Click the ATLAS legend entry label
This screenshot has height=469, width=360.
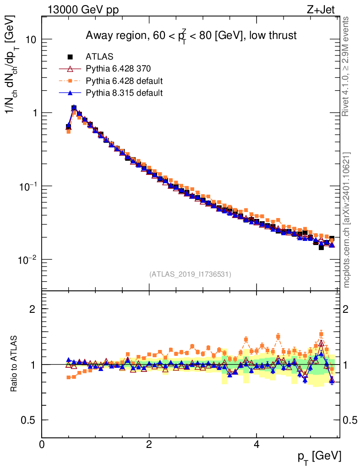point(99,57)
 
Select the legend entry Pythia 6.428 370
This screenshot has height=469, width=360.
point(118,69)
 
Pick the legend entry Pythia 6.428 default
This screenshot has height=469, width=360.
point(124,81)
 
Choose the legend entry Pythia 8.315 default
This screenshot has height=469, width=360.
point(124,93)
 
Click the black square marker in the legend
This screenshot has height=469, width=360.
point(71,57)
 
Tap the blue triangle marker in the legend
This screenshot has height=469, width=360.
point(71,93)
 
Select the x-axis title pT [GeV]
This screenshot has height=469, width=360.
point(319,456)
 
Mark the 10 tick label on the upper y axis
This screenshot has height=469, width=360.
point(31,39)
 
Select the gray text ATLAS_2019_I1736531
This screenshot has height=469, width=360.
point(190,274)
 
